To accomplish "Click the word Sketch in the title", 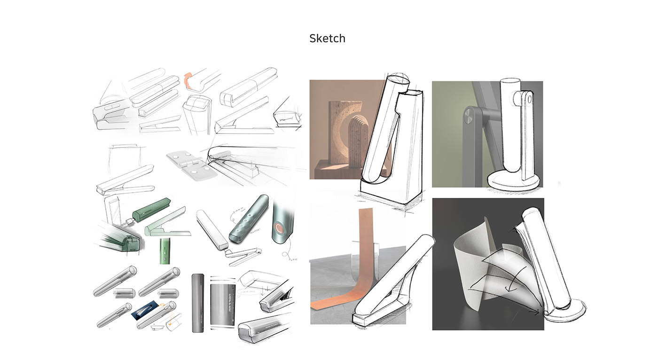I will pos(327,39).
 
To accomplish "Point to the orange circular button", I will pos(281,230).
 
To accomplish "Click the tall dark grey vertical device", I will pos(196,303).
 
